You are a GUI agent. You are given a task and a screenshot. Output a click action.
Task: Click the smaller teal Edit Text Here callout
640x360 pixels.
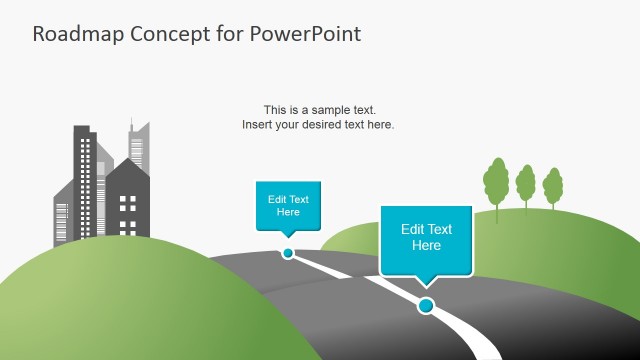pyautogui.click(x=288, y=205)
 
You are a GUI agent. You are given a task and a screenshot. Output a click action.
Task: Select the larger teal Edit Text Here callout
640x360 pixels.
pyautogui.click(x=426, y=238)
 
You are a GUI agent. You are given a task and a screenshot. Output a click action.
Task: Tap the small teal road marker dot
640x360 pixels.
pyautogui.click(x=288, y=253)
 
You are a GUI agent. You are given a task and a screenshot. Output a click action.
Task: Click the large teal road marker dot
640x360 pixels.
pyautogui.click(x=426, y=305)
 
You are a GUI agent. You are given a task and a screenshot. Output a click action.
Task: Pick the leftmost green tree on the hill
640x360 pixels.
pyautogui.click(x=495, y=180)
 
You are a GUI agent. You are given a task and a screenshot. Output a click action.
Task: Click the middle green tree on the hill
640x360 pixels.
pyautogui.click(x=526, y=185)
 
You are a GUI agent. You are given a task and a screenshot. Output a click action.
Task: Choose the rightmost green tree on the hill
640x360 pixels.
pyautogui.click(x=552, y=186)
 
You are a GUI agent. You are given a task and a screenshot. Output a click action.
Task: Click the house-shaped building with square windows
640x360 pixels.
pyautogui.click(x=127, y=204)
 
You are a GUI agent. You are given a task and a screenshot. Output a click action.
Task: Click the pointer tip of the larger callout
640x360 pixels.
pyautogui.click(x=427, y=287)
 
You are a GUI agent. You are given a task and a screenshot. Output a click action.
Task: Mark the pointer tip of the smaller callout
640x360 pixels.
pyautogui.click(x=288, y=238)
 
